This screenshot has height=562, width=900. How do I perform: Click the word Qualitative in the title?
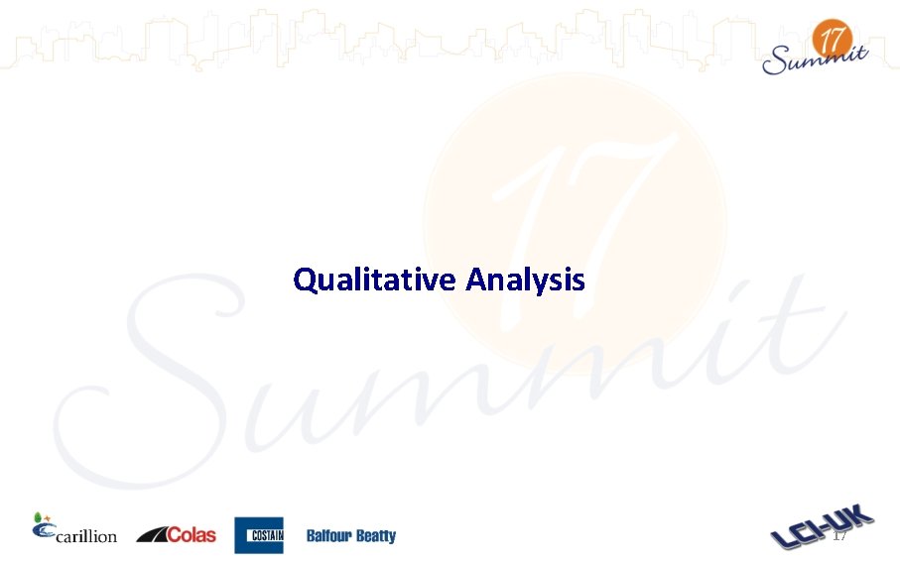point(374,281)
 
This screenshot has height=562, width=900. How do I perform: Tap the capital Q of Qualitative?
point(305,281)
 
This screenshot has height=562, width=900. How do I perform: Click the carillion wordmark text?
point(87,536)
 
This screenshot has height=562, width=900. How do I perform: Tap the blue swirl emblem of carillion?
point(43,531)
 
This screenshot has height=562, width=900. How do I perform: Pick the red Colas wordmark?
point(192,535)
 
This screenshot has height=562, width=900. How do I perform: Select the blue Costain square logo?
point(259,535)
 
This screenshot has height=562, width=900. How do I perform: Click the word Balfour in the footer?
point(328,536)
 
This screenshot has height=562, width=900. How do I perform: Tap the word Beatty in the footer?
point(376,536)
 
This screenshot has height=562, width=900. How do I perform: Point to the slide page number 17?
point(839,536)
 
